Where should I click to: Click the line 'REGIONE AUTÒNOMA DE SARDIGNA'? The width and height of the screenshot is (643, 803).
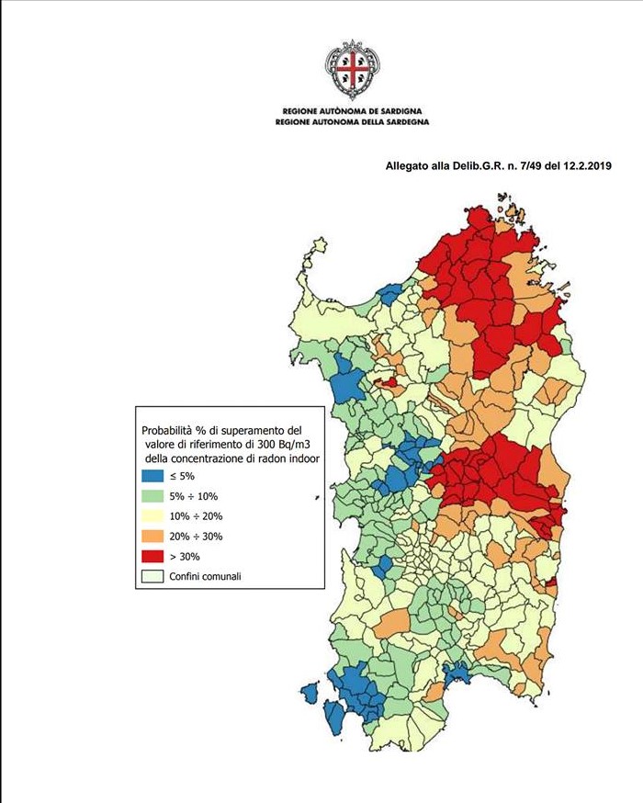click(x=351, y=109)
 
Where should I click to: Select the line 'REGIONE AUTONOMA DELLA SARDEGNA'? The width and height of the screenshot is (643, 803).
click(x=351, y=121)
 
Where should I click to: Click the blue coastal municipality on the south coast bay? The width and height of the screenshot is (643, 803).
click(x=456, y=673)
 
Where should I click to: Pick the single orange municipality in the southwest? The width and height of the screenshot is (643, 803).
click(x=392, y=622)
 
